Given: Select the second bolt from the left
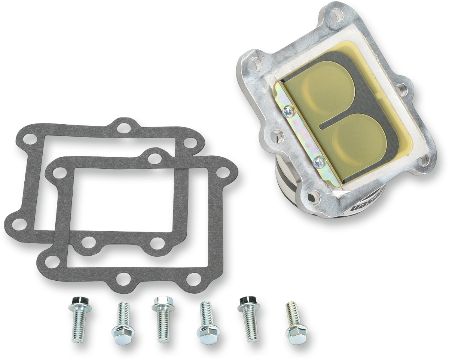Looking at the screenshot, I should (122, 320).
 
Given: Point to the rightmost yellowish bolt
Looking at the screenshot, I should (295, 320).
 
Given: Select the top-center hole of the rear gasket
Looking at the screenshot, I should (122, 128).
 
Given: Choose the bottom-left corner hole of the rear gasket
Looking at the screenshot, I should (16, 223).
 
